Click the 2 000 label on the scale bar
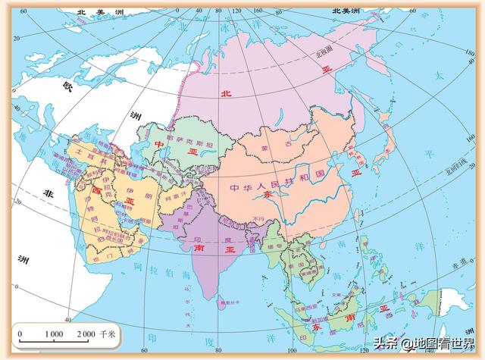click(x=85, y=333)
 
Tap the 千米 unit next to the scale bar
click(x=108, y=333)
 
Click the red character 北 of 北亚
click(x=224, y=93)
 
